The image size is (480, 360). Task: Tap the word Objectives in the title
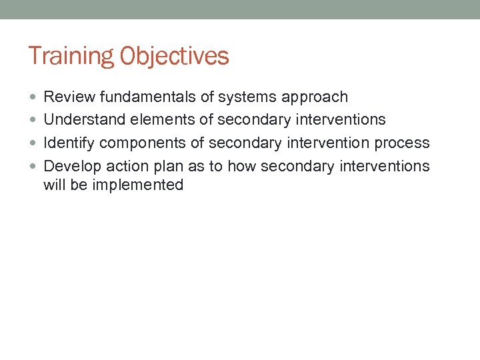[x=175, y=57]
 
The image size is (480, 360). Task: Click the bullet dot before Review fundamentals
[x=33, y=97]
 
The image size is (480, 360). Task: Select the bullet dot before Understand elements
[x=33, y=120]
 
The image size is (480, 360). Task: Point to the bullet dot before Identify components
[x=33, y=143]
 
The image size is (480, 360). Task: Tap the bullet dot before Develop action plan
[x=33, y=166]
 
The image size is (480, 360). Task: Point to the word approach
[x=314, y=97]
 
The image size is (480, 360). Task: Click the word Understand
[x=79, y=120]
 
